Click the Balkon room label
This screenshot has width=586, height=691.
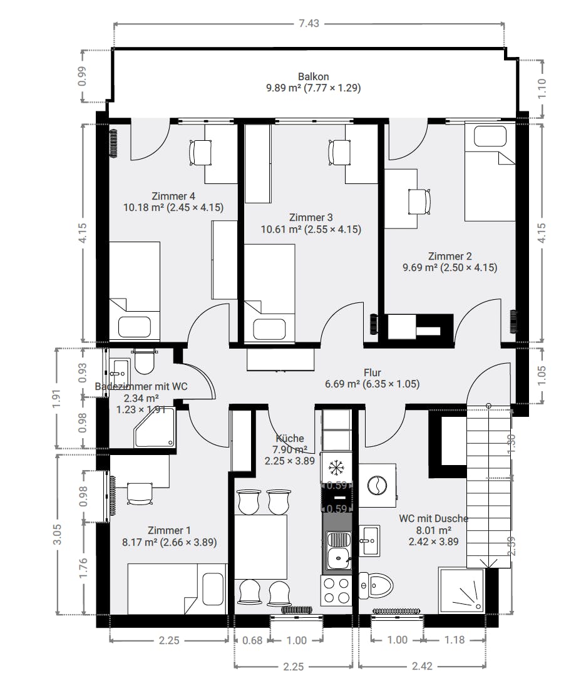point(313,77)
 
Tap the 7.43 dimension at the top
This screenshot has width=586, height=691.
point(309,23)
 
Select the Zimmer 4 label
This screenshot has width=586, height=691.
point(173,196)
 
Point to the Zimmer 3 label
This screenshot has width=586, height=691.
point(311,217)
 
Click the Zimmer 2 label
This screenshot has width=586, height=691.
point(450,256)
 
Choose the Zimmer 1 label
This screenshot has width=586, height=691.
point(169,530)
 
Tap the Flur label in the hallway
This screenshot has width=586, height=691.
point(372,372)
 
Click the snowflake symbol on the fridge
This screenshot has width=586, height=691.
point(336,467)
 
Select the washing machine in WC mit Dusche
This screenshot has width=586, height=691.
point(378,485)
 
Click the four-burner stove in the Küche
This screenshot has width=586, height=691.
point(336,590)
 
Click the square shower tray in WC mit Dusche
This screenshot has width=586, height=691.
point(461,590)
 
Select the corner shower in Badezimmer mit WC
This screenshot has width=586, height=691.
point(155,428)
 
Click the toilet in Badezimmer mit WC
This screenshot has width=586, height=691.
point(144,361)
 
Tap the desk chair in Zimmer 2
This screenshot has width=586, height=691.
point(419,202)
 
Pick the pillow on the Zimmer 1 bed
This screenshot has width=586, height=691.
point(213,589)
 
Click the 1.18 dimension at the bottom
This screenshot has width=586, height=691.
point(454,640)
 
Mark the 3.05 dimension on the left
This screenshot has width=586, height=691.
point(58,535)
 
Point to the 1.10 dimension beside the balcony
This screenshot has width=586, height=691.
point(542,89)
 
